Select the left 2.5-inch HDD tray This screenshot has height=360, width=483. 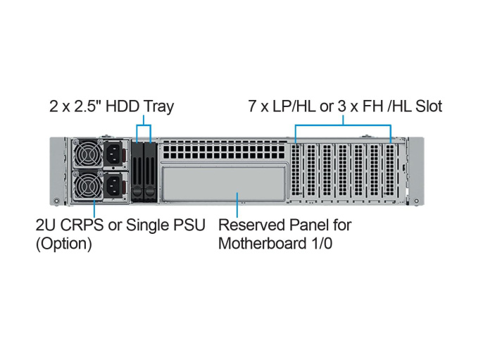tap(137, 171)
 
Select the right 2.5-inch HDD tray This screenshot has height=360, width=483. tap(149, 171)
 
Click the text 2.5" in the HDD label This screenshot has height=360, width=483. tap(85, 107)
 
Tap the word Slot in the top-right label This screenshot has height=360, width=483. tap(427, 107)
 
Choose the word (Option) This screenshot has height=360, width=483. tap(63, 244)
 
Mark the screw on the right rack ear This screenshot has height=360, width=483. tap(418, 202)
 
